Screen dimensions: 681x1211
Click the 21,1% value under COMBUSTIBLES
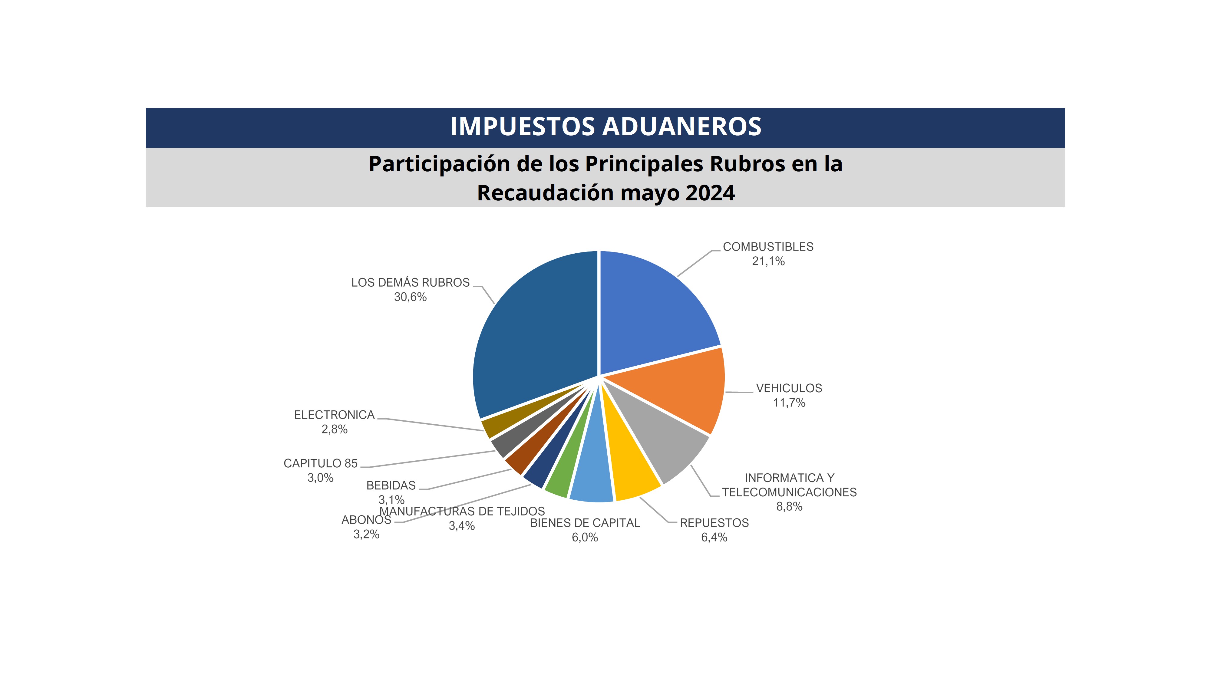click(x=768, y=261)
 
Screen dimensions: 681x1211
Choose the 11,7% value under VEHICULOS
click(x=789, y=403)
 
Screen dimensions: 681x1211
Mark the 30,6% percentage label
click(x=410, y=297)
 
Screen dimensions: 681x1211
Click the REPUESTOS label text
click(x=714, y=523)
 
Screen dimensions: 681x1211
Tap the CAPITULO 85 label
click(x=320, y=463)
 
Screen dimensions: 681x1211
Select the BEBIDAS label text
click(x=391, y=485)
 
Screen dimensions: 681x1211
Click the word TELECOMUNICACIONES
click(x=789, y=492)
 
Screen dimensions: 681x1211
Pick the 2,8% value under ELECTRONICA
click(x=334, y=429)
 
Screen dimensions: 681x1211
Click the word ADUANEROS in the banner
click(x=682, y=127)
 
